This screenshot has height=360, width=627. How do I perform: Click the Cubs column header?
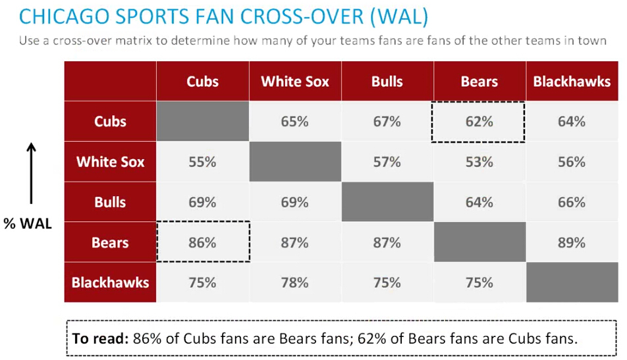pos(202,82)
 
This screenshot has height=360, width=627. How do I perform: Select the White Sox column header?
pos(294,82)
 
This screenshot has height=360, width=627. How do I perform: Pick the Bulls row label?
pos(110,202)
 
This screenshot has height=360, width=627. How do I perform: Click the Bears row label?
pos(110,242)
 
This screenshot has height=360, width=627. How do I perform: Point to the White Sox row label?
pos(110,162)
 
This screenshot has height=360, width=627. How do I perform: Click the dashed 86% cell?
pos(202,242)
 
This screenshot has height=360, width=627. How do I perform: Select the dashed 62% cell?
pos(479,122)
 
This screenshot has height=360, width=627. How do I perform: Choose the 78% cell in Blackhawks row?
pos(294,282)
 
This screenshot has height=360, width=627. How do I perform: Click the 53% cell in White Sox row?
pos(479,162)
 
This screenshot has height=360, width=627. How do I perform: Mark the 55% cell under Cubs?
pos(202,162)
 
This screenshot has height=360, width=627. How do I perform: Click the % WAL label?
pos(28,223)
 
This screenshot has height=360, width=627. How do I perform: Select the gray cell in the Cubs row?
pos(202,122)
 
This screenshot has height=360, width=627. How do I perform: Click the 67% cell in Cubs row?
pos(387,122)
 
